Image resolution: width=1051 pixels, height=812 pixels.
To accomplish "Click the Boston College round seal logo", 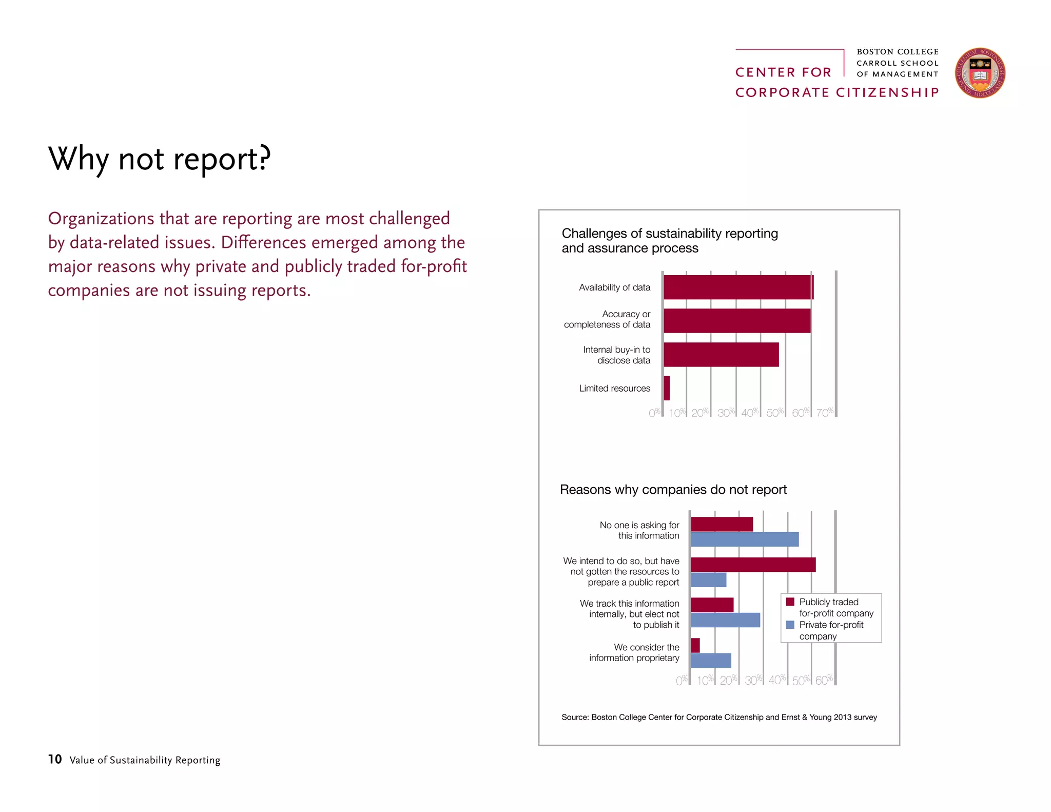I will point(980,73).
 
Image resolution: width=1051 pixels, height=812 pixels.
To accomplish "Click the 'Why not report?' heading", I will point(159,159).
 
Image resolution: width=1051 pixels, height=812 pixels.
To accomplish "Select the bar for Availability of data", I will point(738,287).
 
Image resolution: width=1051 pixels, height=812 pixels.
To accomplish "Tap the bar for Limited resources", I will point(667,388).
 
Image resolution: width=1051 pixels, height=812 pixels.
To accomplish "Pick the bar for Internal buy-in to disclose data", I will point(721,355).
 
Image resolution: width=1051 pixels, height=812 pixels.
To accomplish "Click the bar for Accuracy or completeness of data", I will point(737,321).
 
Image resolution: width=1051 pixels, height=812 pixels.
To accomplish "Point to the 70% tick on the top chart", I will point(825,413).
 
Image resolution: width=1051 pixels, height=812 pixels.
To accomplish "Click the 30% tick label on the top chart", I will point(726,413).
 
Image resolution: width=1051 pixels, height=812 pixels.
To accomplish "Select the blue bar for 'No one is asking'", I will point(745,539).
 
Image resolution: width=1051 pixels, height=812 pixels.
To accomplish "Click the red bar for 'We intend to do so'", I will point(753,565).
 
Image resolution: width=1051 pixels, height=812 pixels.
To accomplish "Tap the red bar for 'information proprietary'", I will point(695,646).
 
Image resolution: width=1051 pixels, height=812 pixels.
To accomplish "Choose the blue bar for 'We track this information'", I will point(725,620).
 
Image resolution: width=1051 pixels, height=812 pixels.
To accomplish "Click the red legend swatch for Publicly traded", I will point(790,602).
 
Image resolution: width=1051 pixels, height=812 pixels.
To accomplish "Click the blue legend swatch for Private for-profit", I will point(790,625).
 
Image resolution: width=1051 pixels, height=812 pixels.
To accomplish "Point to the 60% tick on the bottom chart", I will point(824,680).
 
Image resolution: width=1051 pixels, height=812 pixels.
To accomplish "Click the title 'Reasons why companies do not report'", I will point(673,490).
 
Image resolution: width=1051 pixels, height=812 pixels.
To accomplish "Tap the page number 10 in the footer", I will point(55,759).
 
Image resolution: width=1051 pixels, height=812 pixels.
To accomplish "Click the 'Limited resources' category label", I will point(614,389).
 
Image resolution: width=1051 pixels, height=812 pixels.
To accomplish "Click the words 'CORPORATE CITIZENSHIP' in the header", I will point(836,92).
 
